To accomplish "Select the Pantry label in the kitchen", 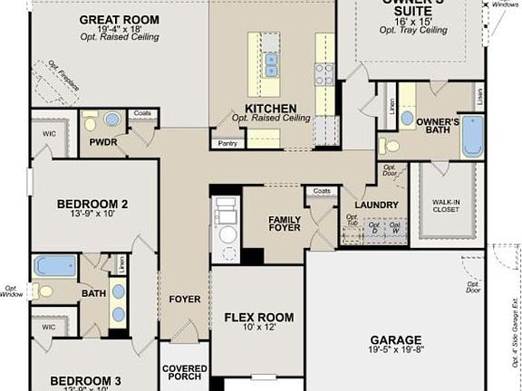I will [x=227, y=142].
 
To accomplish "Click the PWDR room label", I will [x=103, y=142].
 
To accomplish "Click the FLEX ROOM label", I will [x=258, y=318].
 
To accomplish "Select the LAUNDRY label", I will [x=376, y=205].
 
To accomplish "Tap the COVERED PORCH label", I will [x=185, y=374].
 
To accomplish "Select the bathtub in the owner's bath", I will [x=472, y=136].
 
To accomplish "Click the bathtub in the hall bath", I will [x=55, y=266].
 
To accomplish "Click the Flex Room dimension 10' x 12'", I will [x=258, y=330].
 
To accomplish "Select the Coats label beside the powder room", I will [x=141, y=113].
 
